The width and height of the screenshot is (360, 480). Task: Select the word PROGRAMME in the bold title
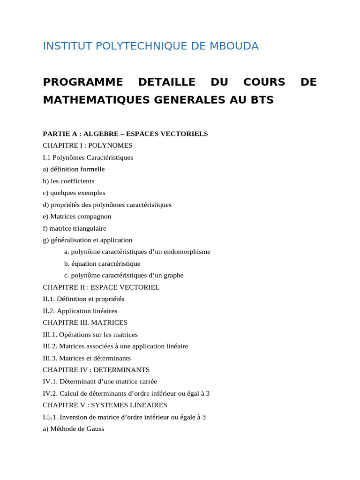pyautogui.click(x=83, y=82)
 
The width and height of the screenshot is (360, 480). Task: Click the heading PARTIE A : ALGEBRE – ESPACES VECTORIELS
pyautogui.click(x=125, y=134)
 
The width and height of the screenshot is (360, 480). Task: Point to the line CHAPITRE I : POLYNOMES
pyautogui.click(x=88, y=146)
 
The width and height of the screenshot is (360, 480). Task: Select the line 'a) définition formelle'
pyautogui.click(x=74, y=169)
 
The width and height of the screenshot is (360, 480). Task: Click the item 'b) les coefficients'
pyautogui.click(x=68, y=181)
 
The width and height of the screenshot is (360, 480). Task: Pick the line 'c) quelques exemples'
pyautogui.click(x=74, y=193)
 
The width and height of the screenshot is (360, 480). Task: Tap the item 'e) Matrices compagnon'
pyautogui.click(x=77, y=217)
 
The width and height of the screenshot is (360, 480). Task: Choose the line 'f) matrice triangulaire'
pyautogui.click(x=75, y=228)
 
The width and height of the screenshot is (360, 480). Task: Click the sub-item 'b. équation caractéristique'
pyautogui.click(x=102, y=264)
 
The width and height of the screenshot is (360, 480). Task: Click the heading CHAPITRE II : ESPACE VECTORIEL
pyautogui.click(x=101, y=287)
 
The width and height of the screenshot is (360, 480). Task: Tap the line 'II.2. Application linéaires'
pyautogui.click(x=80, y=311)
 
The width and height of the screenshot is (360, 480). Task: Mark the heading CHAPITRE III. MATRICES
pyautogui.click(x=85, y=322)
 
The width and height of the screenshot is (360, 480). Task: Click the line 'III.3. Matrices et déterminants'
pyautogui.click(x=87, y=358)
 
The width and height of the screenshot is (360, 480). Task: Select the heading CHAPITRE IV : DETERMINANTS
pyautogui.click(x=96, y=370)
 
